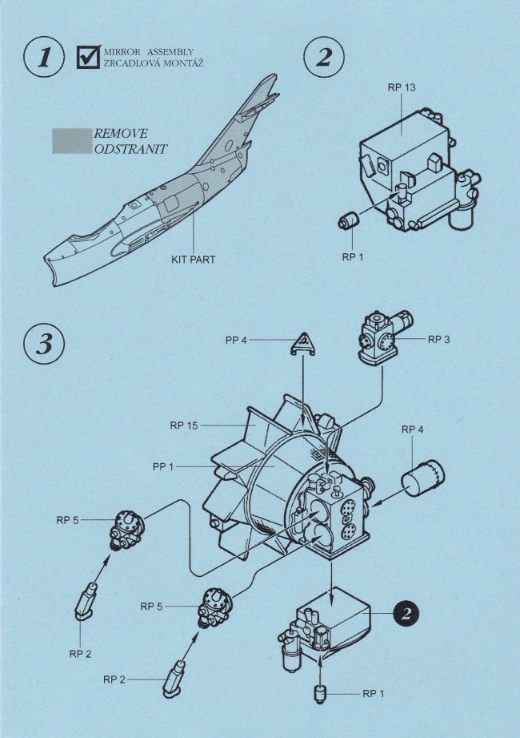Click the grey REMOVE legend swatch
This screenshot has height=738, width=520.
(x=71, y=141)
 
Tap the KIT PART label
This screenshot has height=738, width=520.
(x=192, y=260)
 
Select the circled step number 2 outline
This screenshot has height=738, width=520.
(x=324, y=57)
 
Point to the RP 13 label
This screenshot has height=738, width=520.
(x=402, y=86)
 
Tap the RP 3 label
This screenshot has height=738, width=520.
(x=439, y=339)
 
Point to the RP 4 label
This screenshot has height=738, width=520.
(x=412, y=430)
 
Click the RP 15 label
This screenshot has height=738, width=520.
(x=183, y=425)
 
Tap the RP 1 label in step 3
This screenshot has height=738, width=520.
(x=374, y=694)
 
